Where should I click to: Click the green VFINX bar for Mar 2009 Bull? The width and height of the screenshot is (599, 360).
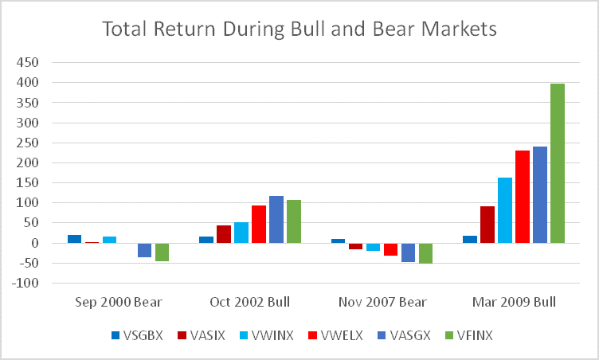(557, 163)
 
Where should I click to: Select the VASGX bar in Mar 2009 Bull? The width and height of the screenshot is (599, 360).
(539, 194)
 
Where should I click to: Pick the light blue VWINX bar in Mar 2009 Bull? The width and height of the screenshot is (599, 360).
(505, 210)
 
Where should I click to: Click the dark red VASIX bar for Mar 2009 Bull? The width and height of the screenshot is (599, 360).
(487, 225)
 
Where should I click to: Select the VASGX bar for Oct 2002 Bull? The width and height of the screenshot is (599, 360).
(276, 219)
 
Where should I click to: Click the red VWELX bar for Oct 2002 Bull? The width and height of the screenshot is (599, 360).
(259, 224)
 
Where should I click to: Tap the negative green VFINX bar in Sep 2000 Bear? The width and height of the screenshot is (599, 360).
(162, 252)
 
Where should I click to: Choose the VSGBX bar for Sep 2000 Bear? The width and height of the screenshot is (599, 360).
(75, 239)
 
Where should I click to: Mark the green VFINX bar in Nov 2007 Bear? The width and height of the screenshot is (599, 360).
(425, 253)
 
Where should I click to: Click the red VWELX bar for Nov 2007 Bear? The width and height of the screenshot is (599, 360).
(390, 249)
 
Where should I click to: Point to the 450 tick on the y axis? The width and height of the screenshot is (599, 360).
(32, 62)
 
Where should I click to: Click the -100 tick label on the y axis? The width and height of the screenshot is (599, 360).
(30, 283)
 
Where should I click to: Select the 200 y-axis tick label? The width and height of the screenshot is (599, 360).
(32, 162)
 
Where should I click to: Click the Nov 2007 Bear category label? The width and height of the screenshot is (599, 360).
(382, 302)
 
